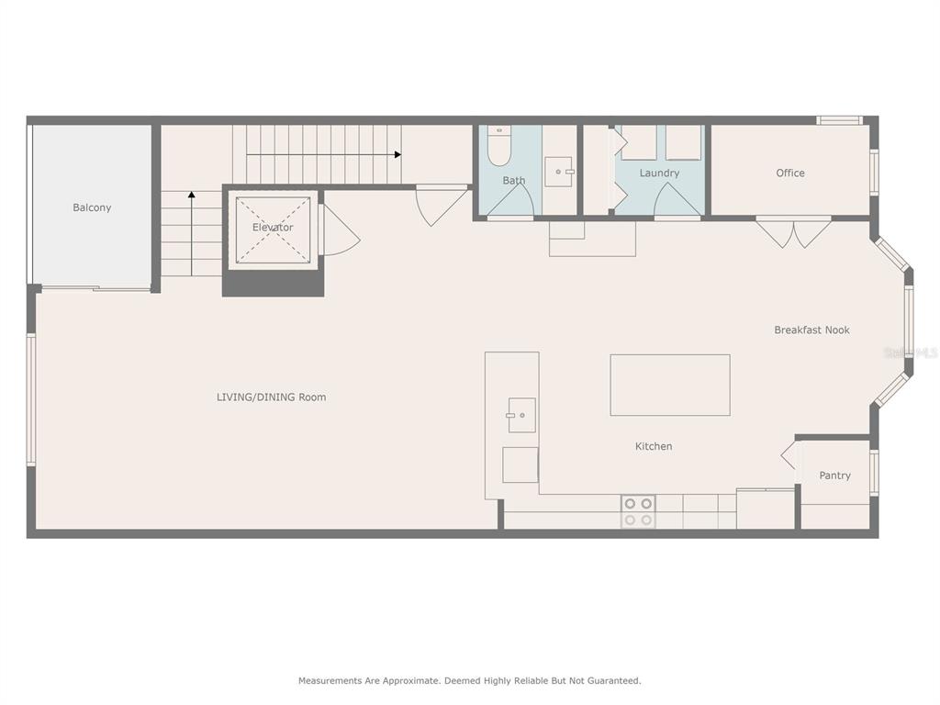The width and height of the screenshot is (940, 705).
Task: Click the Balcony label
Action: coord(92,207)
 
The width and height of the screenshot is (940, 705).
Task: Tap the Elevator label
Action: coord(273,228)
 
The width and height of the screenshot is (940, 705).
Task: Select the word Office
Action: coord(790,173)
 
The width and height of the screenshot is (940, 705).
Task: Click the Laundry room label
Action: coord(659,173)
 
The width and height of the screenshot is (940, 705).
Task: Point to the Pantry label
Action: coord(835,476)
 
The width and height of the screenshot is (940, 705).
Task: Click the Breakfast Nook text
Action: coord(811,330)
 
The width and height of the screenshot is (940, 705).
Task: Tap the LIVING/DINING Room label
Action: coord(271,397)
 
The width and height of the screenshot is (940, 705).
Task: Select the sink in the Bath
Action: coord(559,172)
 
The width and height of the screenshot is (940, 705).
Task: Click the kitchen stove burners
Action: coord(638,511)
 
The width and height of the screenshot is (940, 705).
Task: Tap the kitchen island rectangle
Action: coord(670,385)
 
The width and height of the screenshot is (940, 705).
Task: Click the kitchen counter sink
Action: coord(521,415)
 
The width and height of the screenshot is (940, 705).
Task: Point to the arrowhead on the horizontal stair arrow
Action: coord(397,154)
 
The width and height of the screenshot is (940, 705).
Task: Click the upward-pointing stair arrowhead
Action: coord(191,195)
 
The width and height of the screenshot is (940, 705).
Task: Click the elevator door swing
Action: coord(340,230)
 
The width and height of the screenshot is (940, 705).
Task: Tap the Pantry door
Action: coord(790,455)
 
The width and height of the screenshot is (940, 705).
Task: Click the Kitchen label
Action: coord(654,446)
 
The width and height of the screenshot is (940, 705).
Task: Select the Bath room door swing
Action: coord(510,199)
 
